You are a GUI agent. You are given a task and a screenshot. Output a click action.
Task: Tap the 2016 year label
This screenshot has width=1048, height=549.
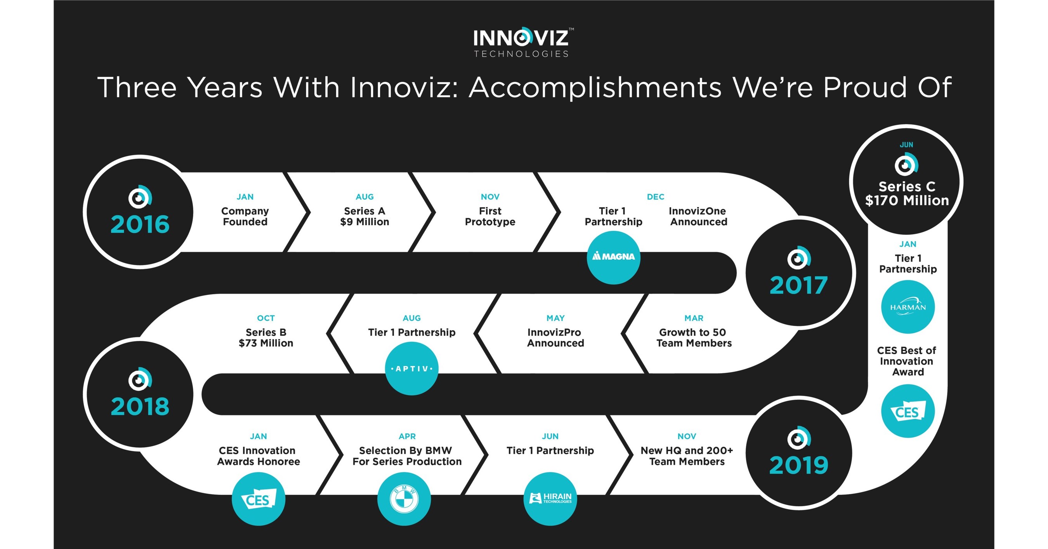point(140,225)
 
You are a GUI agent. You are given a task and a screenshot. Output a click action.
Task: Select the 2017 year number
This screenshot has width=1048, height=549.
point(798,285)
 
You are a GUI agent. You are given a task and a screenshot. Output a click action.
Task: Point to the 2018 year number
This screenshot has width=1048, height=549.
point(140,407)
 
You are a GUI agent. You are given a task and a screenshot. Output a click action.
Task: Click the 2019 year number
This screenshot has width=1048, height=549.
point(798,465)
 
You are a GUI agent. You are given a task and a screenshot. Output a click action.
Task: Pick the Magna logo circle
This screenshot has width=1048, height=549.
point(614,257)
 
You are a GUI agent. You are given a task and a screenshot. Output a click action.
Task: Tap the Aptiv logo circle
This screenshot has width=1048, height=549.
point(412,369)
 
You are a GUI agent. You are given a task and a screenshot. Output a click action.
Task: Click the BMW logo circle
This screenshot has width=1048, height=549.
point(404,499)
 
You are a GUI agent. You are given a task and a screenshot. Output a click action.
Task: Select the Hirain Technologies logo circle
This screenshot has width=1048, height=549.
point(550,499)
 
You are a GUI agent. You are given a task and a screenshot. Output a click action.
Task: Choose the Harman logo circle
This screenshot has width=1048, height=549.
point(907,307)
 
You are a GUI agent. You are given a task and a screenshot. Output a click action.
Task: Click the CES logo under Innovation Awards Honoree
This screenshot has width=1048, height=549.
point(259,499)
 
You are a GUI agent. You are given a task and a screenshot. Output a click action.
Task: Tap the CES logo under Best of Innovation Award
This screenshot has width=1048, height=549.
point(907,412)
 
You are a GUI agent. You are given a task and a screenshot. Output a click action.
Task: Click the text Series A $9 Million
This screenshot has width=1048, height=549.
point(364,217)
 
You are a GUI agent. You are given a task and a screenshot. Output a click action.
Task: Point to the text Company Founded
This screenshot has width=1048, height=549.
point(245,217)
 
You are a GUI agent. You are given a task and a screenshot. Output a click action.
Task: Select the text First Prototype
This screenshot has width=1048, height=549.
point(490,217)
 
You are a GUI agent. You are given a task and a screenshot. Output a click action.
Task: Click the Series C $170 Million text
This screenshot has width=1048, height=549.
point(907,194)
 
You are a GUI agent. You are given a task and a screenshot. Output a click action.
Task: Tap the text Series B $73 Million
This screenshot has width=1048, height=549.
point(265,338)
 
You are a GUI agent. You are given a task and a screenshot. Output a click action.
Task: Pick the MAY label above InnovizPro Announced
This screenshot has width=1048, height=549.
point(555,318)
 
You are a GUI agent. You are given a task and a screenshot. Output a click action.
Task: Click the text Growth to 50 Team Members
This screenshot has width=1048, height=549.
point(694,338)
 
